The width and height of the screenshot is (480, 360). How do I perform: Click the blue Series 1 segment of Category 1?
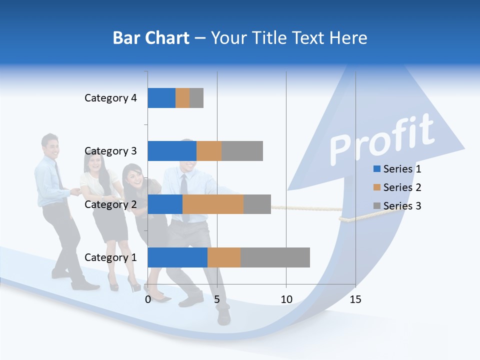(x=177, y=257)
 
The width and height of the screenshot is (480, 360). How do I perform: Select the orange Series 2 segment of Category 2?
(x=213, y=204)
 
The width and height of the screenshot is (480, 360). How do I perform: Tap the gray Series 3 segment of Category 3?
(x=242, y=151)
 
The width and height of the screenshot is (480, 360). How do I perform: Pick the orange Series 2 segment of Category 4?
(x=182, y=98)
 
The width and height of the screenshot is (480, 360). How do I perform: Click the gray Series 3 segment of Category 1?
(x=275, y=257)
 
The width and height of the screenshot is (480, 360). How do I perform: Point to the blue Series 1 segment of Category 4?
(x=161, y=98)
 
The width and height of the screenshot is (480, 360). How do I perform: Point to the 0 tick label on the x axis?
(x=148, y=299)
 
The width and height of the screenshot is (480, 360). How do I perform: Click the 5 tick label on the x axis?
(x=217, y=299)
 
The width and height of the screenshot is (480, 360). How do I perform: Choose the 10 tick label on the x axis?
(x=286, y=299)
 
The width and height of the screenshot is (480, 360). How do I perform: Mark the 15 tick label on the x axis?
(x=355, y=299)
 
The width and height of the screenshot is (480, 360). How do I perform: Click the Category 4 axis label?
(x=110, y=98)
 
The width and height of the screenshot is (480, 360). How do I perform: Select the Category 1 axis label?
(x=110, y=257)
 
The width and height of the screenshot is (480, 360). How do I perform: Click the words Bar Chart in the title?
(x=151, y=38)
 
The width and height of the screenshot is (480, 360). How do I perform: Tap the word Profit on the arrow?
(x=381, y=140)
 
